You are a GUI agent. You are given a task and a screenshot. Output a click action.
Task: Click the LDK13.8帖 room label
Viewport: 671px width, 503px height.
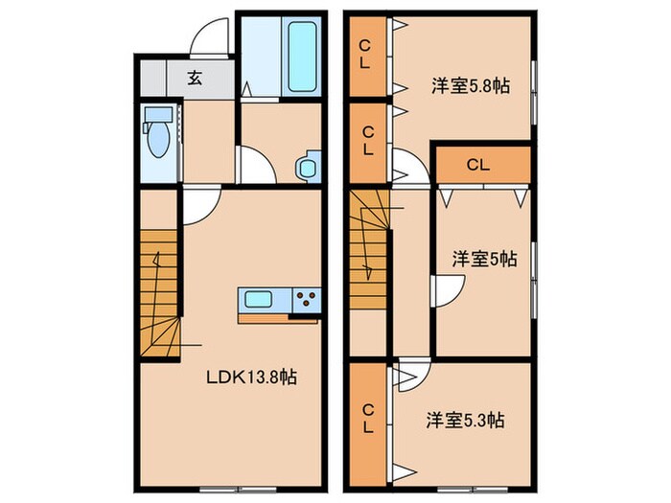(252, 377)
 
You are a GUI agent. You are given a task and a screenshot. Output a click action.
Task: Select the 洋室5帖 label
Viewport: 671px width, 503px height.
(485, 259)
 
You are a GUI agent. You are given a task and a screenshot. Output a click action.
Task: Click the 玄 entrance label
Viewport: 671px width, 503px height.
(195, 78)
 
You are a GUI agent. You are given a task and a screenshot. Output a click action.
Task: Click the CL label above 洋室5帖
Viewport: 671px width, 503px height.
(478, 165)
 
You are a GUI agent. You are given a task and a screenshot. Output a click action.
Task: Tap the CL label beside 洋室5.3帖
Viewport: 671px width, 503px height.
(367, 422)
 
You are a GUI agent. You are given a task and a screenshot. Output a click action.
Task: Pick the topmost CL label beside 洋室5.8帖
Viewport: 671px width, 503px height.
(366, 55)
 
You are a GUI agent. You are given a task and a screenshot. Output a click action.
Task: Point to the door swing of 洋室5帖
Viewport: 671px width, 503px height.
(446, 290)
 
